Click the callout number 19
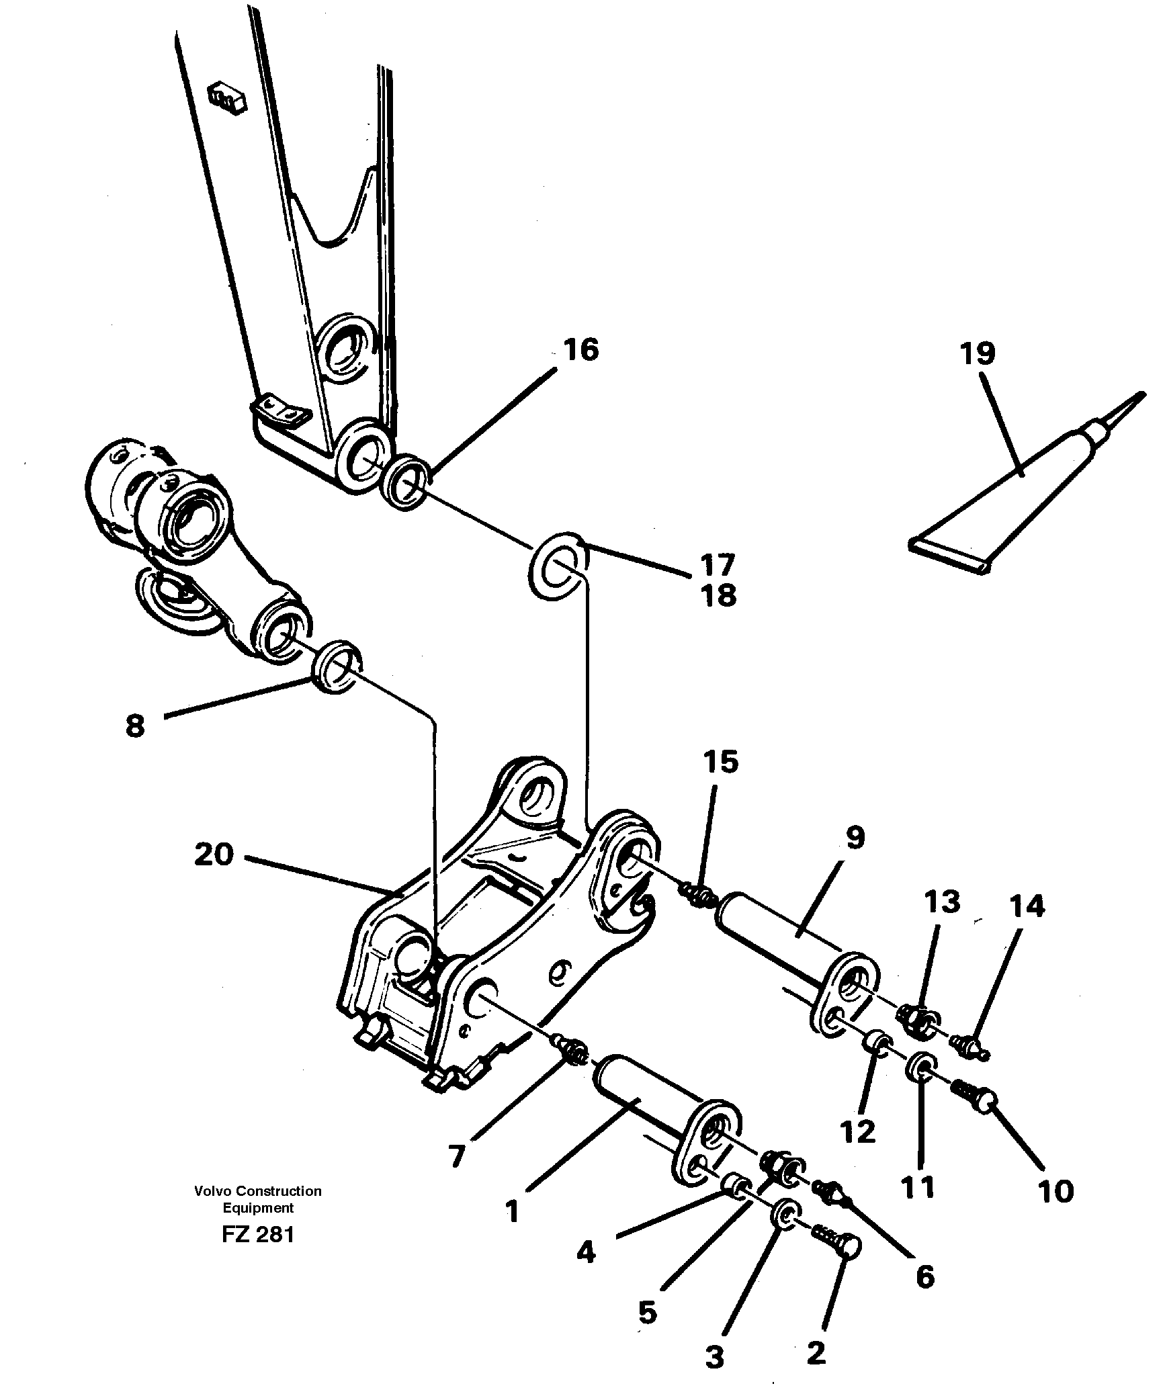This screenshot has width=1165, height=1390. tap(977, 353)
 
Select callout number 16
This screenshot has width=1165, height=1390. tap(581, 350)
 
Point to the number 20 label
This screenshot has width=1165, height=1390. tap(214, 855)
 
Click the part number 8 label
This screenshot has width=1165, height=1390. tap(135, 726)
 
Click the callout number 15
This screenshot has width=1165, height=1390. tap(721, 763)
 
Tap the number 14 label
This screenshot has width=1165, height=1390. tap(1027, 907)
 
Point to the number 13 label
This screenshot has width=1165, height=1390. tap(941, 902)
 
